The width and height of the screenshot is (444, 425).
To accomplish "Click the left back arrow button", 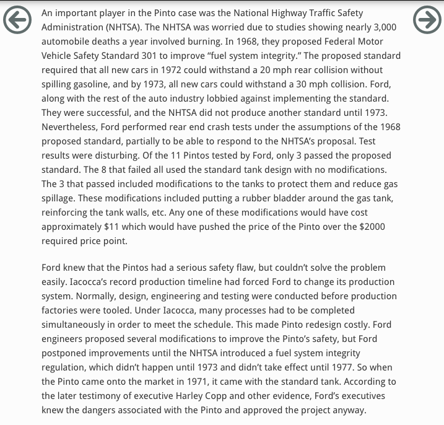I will tap(17, 20).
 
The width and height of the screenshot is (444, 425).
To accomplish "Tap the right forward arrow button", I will tap(427, 20).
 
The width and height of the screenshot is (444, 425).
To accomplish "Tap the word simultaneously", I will tap(79, 325).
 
